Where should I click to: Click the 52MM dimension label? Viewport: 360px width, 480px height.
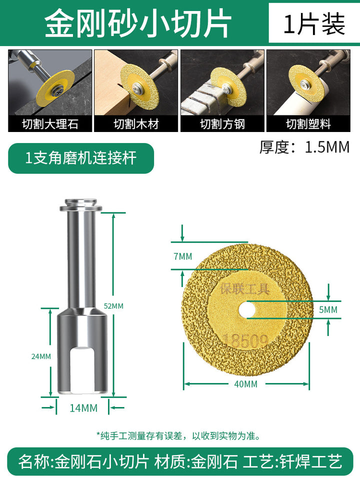point(113,306)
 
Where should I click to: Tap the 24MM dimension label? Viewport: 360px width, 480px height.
point(41,356)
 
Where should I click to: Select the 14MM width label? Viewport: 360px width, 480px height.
point(83,408)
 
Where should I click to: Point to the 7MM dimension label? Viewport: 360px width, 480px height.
point(183,256)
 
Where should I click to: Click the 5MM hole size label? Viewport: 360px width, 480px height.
point(328,310)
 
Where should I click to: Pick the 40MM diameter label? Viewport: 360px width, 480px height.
point(245,384)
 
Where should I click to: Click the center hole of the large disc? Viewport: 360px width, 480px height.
point(247,310)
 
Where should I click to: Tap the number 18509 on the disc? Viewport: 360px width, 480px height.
point(245,340)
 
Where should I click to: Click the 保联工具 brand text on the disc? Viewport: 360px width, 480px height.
point(245,288)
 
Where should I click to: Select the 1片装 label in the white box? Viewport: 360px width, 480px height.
point(314,24)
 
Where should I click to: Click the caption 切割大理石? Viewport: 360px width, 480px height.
point(50,124)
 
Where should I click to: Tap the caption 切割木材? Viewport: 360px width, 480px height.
point(136,124)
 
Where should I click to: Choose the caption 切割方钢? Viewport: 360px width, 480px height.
point(222,124)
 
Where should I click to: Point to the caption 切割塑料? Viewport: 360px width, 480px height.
point(308,124)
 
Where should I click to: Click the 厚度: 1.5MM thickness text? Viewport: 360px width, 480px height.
point(304,147)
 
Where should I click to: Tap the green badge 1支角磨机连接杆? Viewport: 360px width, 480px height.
point(81,158)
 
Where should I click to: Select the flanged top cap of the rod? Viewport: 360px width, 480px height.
point(81,205)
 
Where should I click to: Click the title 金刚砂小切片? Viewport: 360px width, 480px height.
point(138,23)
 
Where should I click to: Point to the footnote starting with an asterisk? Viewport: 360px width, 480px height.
point(179,435)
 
